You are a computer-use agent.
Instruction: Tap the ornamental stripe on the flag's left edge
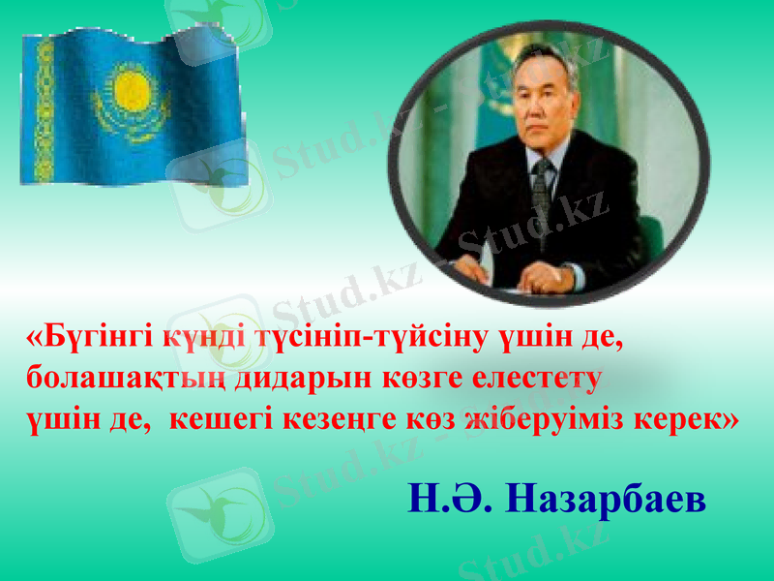pyautogui.click(x=44, y=111)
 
